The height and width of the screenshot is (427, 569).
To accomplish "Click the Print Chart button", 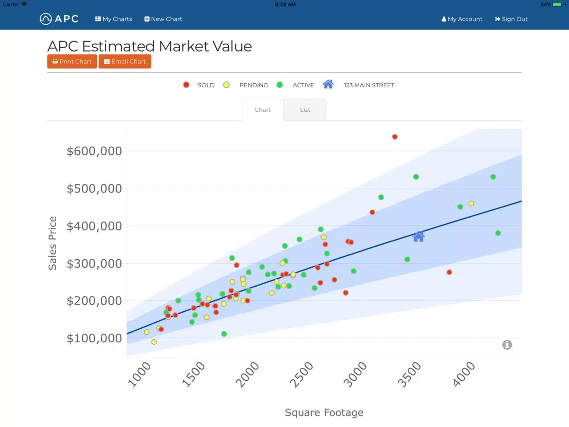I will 72,62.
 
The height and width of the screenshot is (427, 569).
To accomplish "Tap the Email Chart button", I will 125,62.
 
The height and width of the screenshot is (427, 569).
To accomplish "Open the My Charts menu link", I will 114,19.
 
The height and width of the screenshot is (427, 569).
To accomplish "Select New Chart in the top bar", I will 163,19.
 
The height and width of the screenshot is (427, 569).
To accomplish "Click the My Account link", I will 462,19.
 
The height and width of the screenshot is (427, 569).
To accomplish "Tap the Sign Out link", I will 511,19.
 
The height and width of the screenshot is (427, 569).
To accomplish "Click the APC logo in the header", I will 59,19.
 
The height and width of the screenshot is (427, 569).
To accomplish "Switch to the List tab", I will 305,110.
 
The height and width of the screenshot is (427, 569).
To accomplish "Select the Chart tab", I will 262,110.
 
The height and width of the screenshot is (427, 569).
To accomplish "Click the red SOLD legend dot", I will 186,85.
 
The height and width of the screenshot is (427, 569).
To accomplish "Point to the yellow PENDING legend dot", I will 226,85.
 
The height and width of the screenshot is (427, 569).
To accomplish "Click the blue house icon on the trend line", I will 419,237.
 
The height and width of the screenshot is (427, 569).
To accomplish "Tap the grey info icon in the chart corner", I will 507,345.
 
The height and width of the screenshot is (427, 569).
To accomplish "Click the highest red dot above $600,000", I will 395,137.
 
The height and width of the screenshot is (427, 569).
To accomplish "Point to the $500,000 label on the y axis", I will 94,188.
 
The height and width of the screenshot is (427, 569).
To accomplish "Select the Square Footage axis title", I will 324,412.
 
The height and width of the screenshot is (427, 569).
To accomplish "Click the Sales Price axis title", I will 53,243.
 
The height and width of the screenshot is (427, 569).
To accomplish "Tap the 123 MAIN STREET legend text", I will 369,85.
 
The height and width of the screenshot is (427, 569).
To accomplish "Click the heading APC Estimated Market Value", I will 149,46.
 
